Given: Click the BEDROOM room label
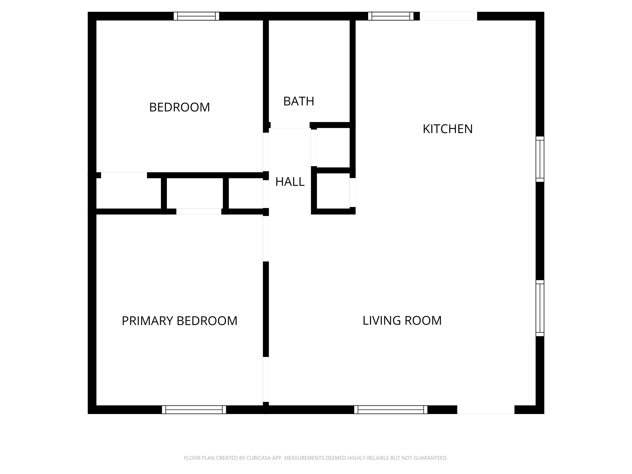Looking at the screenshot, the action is (x=179, y=107).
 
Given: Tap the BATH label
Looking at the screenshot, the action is (x=299, y=101).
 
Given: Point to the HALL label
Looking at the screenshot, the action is (x=290, y=182).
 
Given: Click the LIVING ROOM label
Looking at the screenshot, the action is (x=402, y=321).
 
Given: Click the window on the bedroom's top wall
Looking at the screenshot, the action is (x=196, y=16).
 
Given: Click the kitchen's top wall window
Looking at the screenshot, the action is (x=390, y=16).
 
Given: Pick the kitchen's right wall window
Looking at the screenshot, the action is (x=540, y=159).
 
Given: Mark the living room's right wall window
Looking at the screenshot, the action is (x=540, y=308).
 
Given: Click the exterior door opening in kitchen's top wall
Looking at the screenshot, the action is (x=448, y=16).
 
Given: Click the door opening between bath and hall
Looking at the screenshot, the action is (x=290, y=125).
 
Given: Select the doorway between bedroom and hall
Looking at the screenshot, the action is (x=266, y=152).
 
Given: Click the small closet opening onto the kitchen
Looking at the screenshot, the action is (x=333, y=191).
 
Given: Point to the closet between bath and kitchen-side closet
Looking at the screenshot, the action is (x=333, y=148).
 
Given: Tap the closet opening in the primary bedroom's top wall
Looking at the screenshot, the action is (x=199, y=211).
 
